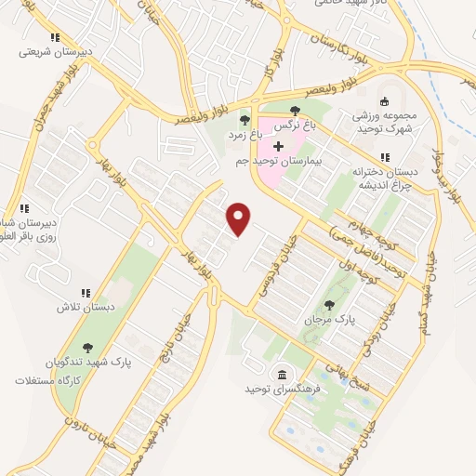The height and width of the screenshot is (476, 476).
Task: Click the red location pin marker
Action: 240,218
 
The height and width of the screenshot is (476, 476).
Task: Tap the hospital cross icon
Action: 278,146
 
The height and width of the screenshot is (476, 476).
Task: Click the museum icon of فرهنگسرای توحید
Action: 278,374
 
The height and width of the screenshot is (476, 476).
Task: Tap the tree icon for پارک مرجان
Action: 329,304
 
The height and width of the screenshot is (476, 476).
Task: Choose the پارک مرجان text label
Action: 330,319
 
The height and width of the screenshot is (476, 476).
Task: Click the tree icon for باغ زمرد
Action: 245,119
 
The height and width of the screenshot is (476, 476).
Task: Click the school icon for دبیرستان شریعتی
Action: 55,38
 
